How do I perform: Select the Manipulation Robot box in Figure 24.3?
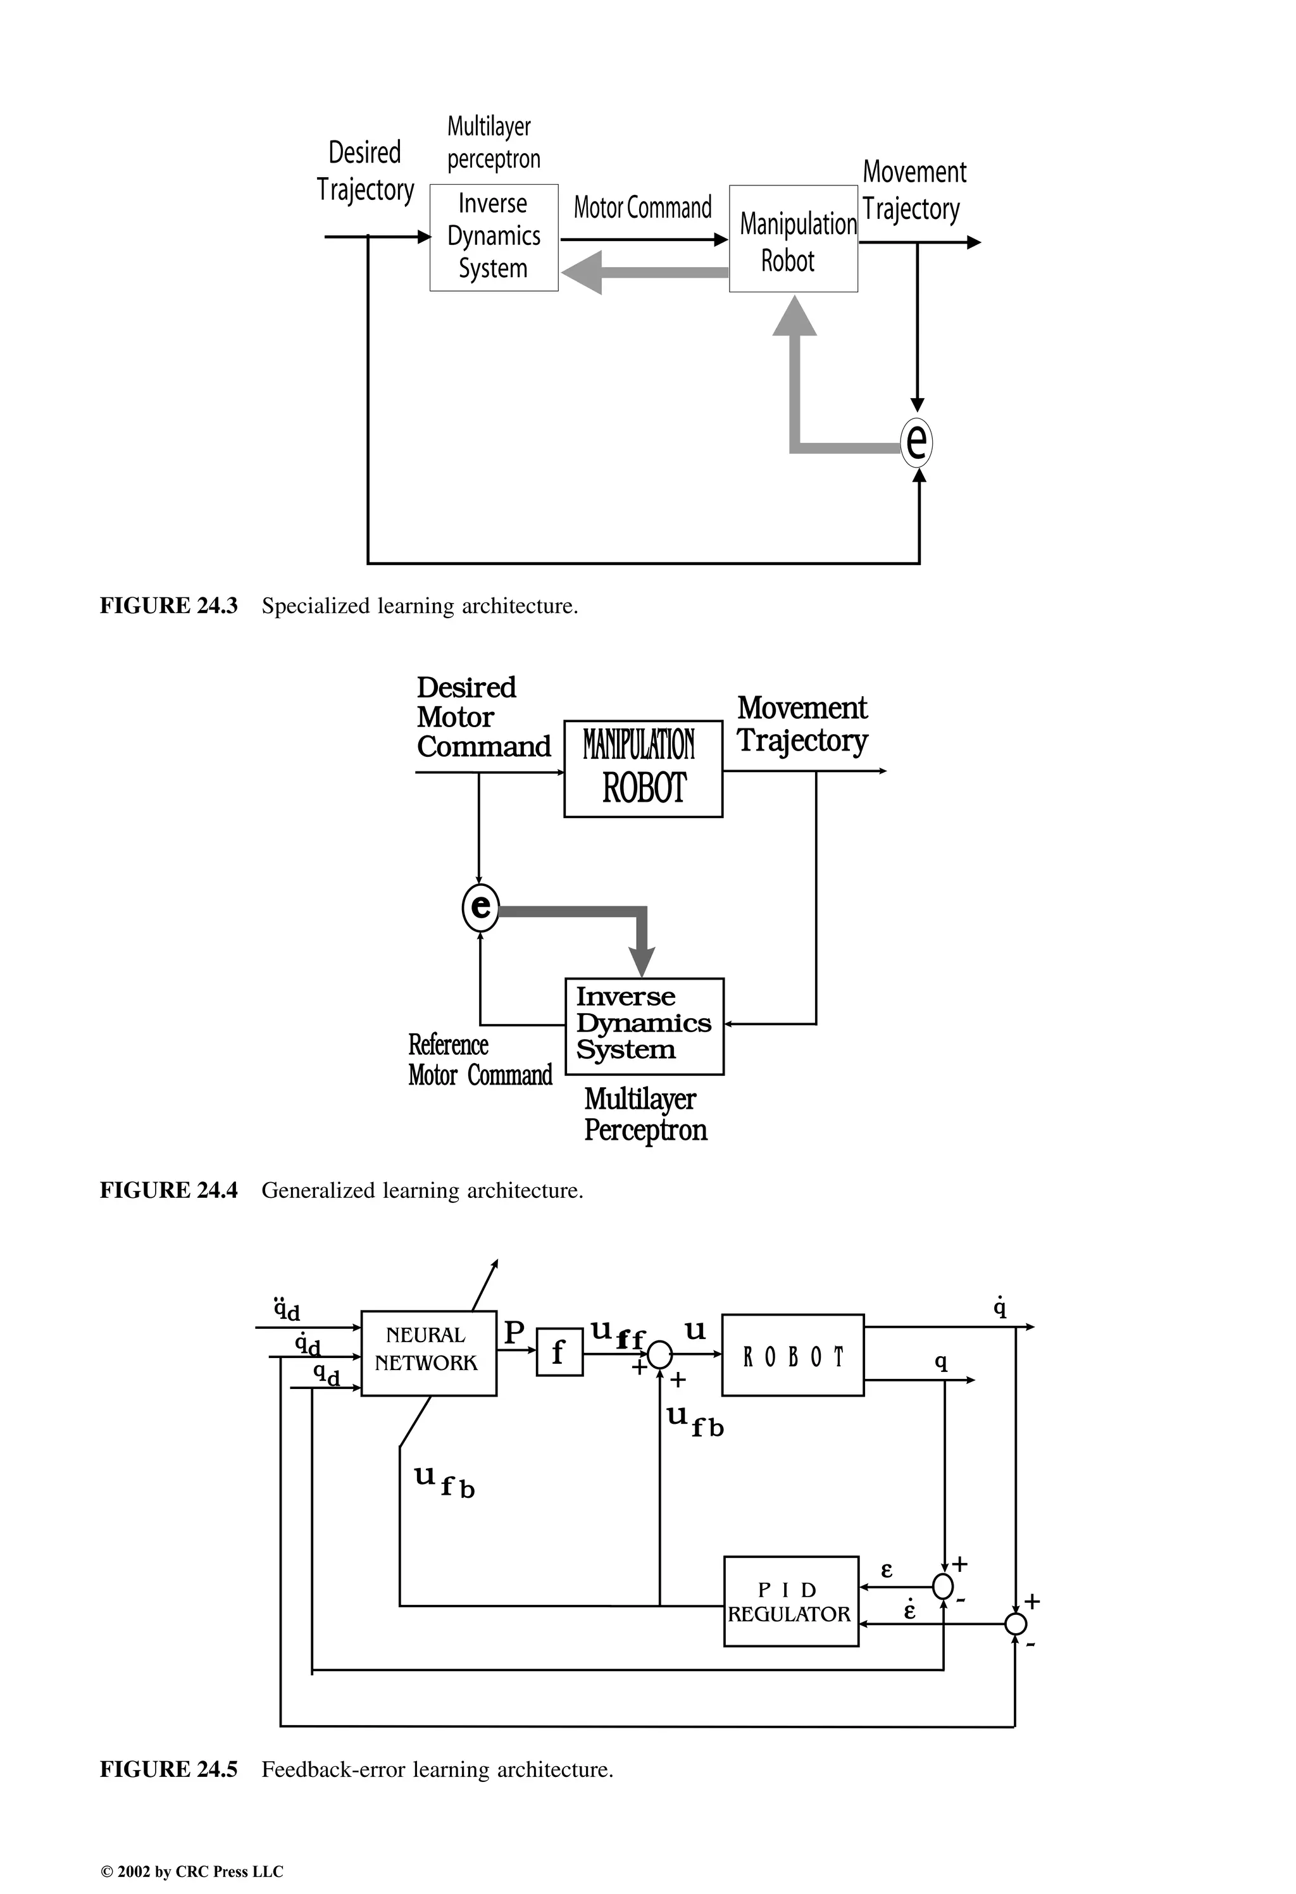[793, 239]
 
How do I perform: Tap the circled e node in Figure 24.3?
[917, 442]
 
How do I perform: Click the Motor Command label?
[642, 208]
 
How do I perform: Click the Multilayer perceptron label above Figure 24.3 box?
[493, 142]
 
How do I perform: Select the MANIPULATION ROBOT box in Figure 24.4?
[643, 768]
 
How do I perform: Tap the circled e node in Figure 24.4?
[480, 906]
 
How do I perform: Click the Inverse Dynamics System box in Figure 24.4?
[644, 1026]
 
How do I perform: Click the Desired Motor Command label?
[483, 717]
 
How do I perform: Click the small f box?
[559, 1353]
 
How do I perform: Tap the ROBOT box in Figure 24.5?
[792, 1354]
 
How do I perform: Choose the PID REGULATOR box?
[790, 1602]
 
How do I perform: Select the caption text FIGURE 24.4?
[169, 1191]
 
